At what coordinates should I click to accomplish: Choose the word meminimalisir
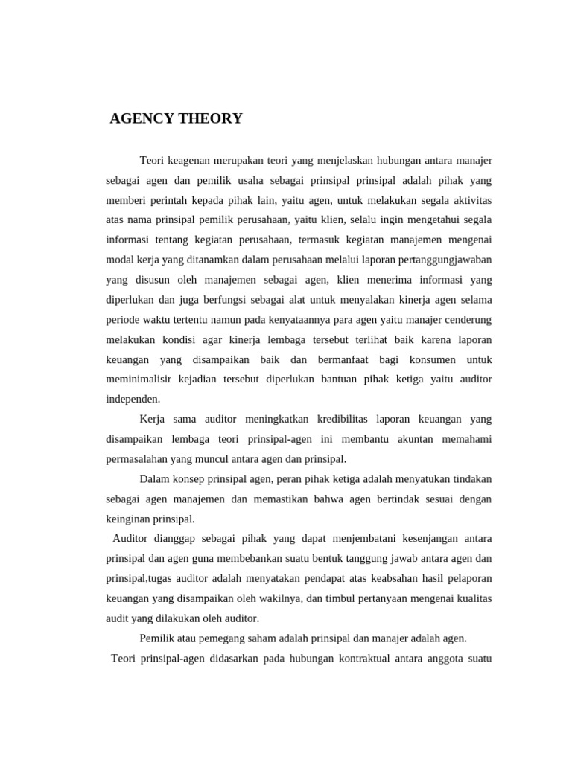point(139,380)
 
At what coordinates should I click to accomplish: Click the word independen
point(133,400)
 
